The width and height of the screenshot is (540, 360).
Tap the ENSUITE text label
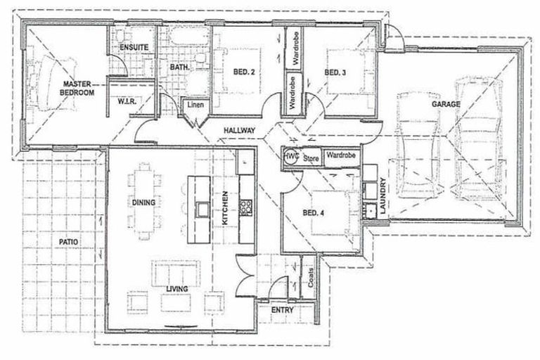[x=133, y=47]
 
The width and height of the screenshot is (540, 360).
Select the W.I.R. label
[x=126, y=101]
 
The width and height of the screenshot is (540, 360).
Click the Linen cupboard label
[x=194, y=106]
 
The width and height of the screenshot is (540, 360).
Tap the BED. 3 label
[x=337, y=72]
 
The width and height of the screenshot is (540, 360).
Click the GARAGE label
[x=446, y=104]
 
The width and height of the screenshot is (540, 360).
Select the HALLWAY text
[x=239, y=131]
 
